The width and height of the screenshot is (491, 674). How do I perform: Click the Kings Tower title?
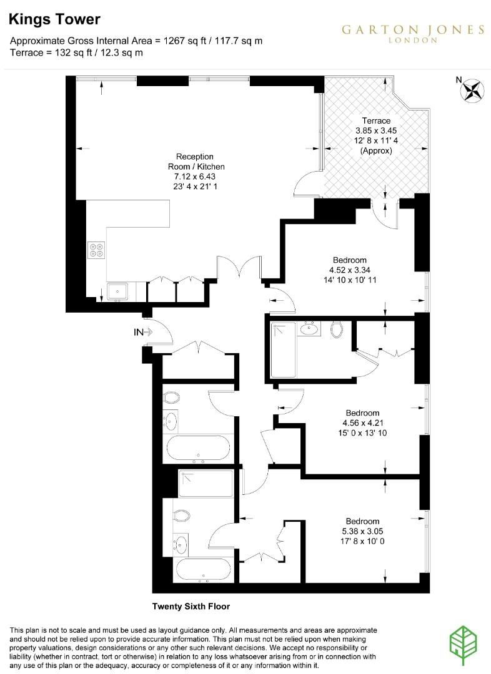point(54,19)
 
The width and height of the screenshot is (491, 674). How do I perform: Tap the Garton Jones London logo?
point(412,33)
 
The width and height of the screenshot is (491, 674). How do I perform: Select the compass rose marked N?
point(472,91)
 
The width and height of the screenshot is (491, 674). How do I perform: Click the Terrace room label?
point(376,120)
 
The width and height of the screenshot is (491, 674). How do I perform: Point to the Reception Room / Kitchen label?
point(196,162)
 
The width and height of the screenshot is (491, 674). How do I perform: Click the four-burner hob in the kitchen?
point(97,250)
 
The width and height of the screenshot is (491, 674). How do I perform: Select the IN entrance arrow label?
point(139,333)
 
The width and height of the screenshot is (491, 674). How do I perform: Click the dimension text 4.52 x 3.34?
point(350,270)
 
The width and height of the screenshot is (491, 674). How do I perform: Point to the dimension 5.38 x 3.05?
point(363,532)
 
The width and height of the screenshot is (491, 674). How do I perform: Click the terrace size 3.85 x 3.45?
point(376,130)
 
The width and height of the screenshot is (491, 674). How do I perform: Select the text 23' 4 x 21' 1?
point(196,187)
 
